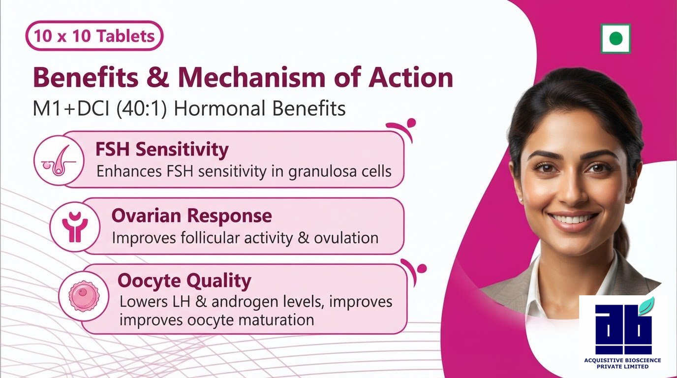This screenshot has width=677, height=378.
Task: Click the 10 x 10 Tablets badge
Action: (x=94, y=35)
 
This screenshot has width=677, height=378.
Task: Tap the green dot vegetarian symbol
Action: (x=615, y=39)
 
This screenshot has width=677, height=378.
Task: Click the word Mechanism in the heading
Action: (x=251, y=77)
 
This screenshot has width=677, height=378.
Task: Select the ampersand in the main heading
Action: (x=158, y=77)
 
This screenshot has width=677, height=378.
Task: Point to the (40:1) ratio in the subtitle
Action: (x=141, y=109)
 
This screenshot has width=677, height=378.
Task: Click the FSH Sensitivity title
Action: (x=162, y=150)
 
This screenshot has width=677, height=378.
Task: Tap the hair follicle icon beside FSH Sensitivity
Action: (x=59, y=160)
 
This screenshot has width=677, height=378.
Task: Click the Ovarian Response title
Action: (x=191, y=216)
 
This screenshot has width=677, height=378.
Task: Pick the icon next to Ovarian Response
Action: (x=75, y=227)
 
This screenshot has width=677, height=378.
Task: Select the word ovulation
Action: (x=346, y=238)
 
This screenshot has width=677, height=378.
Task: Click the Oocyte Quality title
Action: (x=185, y=281)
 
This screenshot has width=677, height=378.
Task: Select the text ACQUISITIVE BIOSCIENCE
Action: (x=622, y=360)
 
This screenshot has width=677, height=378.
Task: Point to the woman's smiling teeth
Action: (x=572, y=219)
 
